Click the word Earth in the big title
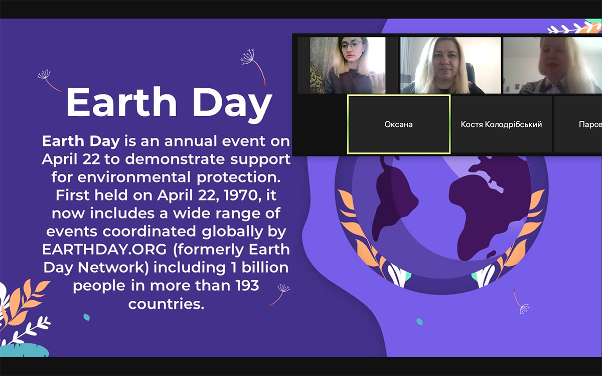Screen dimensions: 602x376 (x=121, y=102)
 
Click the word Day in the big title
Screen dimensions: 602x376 (x=232, y=105)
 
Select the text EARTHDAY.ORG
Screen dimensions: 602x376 (x=104, y=250)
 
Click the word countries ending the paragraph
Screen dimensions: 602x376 (x=166, y=304)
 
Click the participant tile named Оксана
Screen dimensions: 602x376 (x=399, y=124)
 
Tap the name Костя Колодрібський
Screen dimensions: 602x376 (x=501, y=124)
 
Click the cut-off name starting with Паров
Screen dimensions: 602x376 (x=590, y=125)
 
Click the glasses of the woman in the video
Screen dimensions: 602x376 (x=351, y=45)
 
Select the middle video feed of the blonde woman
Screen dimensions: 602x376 (x=450, y=65)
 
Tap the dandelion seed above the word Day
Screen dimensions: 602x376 (x=253, y=67)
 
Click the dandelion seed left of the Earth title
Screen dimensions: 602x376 (x=50, y=81)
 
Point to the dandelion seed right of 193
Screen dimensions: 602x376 (x=280, y=295)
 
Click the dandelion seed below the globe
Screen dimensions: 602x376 (x=521, y=301)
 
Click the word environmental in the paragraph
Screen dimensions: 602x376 (x=134, y=177)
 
